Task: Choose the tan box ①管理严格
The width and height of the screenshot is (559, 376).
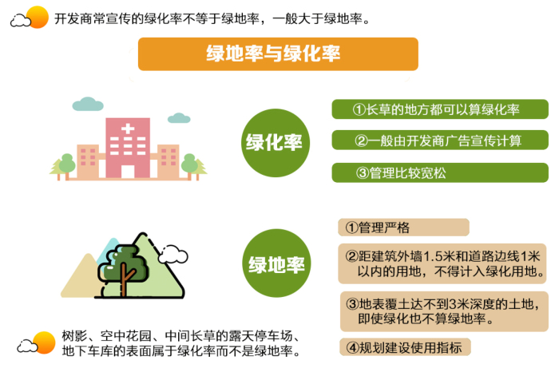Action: pos(402,228)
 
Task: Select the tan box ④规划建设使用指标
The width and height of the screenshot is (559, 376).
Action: pos(405,347)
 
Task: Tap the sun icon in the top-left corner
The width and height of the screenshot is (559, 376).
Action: pos(37,16)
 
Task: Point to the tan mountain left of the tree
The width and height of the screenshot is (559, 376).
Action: pos(81,276)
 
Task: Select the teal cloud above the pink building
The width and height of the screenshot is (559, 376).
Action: pos(88,104)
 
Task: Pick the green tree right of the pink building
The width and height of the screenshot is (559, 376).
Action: pos(190,164)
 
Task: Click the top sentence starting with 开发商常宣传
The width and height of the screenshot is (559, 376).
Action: pos(211,18)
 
